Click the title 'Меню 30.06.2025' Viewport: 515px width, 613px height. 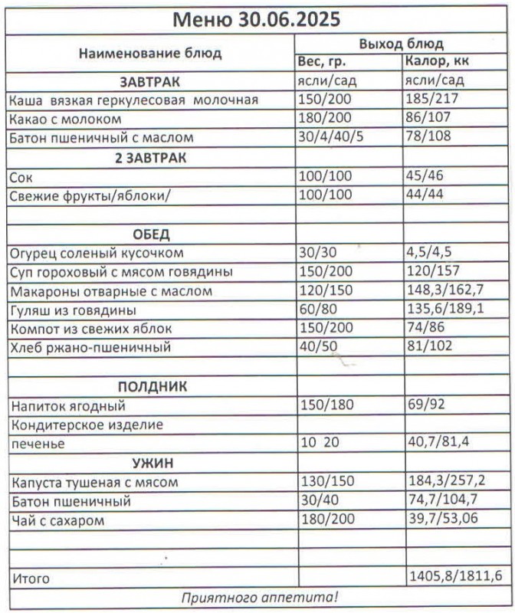[257, 18]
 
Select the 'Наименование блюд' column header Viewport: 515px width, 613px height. [150, 54]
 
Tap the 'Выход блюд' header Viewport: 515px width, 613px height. [402, 44]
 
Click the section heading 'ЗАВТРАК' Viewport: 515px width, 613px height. [150, 81]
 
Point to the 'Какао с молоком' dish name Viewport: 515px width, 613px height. [66, 120]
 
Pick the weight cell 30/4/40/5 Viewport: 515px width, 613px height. [335, 139]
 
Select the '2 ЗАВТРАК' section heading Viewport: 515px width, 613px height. [150, 158]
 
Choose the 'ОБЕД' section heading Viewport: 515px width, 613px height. [150, 234]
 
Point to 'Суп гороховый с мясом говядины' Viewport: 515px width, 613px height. [121, 272]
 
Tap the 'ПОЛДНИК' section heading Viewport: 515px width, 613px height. [150, 386]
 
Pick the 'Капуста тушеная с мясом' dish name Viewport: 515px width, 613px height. [94, 483]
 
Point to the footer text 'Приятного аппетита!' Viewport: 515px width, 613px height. [258, 597]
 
